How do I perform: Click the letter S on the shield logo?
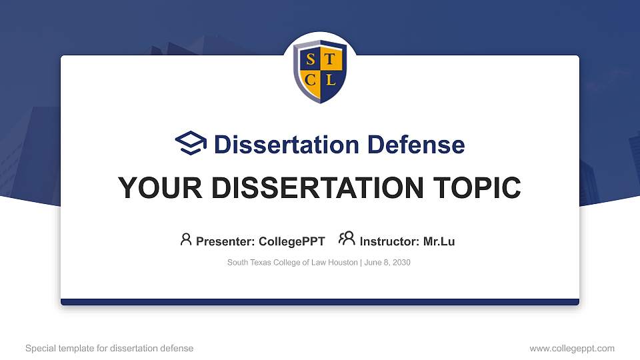pyautogui.click(x=310, y=61)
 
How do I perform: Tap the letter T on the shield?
pyautogui.click(x=331, y=61)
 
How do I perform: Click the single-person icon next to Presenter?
pyautogui.click(x=186, y=239)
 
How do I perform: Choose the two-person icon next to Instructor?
pyautogui.click(x=347, y=238)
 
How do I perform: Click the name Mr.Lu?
pyautogui.click(x=439, y=241)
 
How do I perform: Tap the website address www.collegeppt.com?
pyautogui.click(x=572, y=348)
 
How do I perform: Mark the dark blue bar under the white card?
pyautogui.click(x=320, y=302)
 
